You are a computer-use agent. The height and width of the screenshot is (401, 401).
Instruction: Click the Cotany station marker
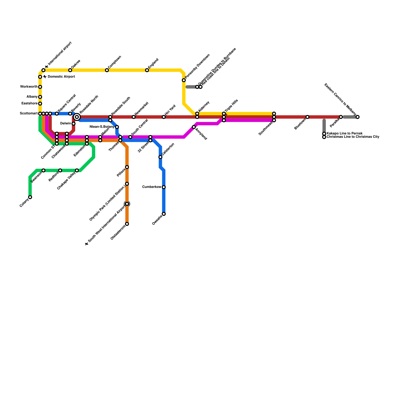coord(30,197)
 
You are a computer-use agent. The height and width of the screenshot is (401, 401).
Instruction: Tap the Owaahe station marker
coord(164,214)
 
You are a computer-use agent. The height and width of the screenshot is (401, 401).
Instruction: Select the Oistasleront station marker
coord(127,224)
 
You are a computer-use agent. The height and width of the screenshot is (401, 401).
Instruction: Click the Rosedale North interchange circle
coord(77,117)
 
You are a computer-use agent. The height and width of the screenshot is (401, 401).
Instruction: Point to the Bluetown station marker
coord(308,117)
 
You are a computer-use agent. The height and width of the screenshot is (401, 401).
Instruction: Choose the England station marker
coord(147,70)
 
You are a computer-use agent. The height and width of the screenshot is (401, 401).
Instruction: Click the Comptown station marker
coord(107,70)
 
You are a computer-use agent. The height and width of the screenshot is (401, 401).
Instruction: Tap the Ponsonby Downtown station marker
coord(184,80)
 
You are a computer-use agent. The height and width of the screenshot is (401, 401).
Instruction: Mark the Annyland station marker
coord(194,127)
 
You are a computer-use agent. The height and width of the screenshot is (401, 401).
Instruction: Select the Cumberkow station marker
coord(164,187)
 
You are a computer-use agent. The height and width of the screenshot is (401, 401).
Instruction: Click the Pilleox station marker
coord(127,167)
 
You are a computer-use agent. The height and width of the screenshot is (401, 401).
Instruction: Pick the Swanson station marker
coord(43,170)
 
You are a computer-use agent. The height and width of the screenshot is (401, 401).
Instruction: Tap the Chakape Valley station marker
coord(77,170)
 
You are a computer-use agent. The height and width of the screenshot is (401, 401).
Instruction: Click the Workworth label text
coord(29,87)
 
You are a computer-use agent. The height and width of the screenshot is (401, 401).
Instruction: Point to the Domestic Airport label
coord(61,77)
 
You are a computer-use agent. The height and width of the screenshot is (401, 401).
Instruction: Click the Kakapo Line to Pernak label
coord(345,133)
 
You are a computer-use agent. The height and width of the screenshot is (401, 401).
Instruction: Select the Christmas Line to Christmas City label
coord(353,137)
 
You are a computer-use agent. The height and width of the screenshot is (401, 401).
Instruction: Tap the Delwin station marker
coord(73,124)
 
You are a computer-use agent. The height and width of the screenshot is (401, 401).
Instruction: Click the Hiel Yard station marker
coord(164,117)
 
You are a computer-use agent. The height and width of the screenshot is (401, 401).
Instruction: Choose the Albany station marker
coord(40,97)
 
